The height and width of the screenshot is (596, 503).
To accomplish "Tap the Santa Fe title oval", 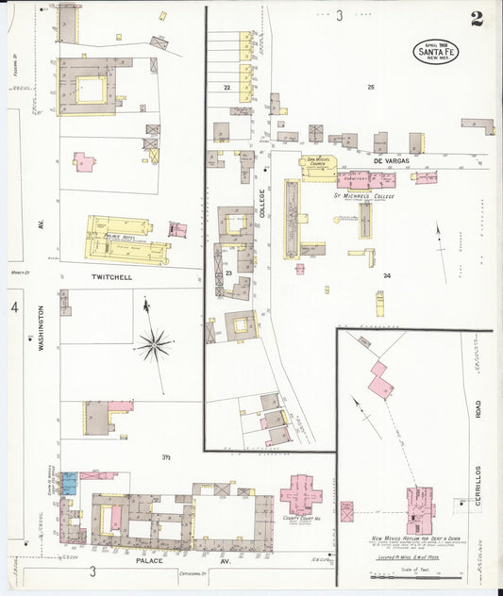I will (436, 51).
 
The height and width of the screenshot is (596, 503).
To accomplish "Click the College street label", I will (263, 205).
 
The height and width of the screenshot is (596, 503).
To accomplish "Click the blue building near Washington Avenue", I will (69, 484).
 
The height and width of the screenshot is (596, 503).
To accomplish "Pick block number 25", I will (371, 88).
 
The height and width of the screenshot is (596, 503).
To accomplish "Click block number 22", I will (226, 87).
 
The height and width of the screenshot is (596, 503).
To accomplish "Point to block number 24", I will (387, 275).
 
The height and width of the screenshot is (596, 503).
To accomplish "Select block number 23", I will (228, 273).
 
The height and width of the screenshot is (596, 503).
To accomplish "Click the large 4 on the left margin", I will (14, 308).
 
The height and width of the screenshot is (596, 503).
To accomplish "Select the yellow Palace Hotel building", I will (127, 239).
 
